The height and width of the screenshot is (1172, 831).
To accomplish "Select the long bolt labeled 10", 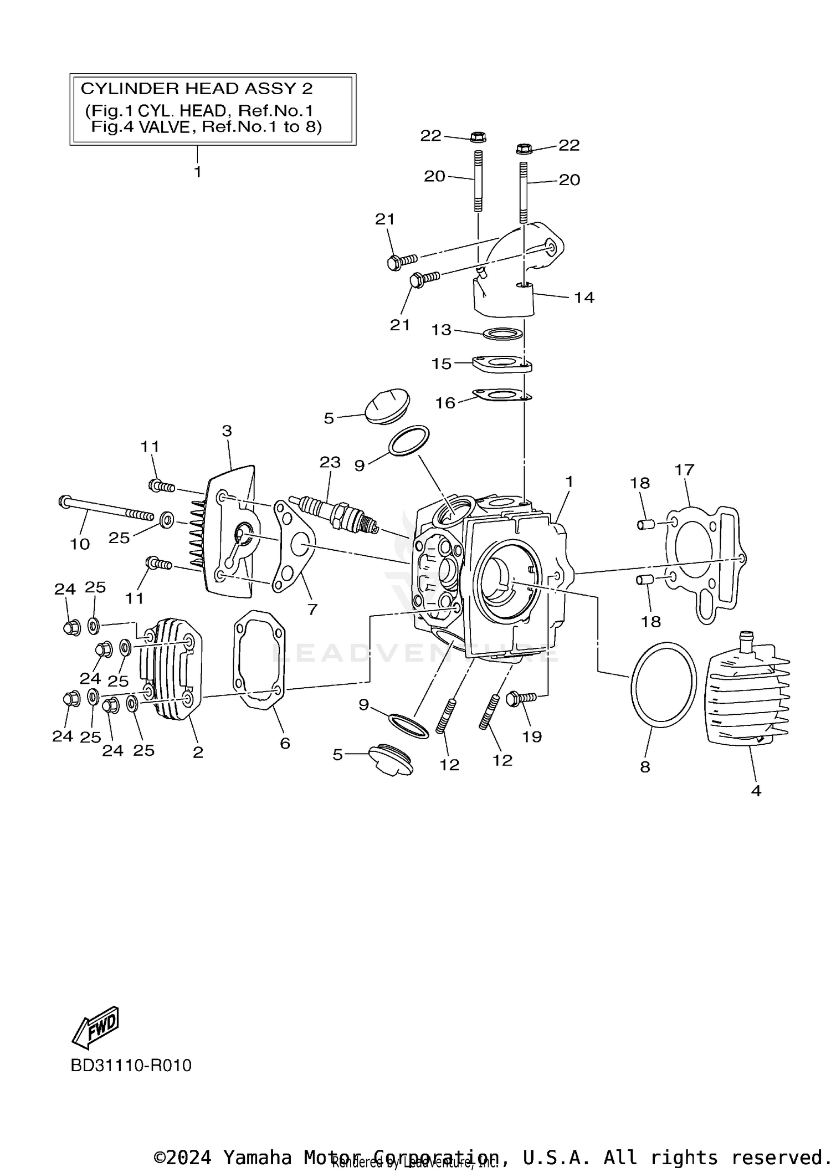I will [x=105, y=508].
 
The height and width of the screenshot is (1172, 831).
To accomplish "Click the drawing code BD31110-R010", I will [x=131, y=1065].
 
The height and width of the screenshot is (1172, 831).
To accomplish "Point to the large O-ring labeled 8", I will [x=664, y=685].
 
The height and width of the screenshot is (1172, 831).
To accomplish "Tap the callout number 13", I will [x=442, y=330].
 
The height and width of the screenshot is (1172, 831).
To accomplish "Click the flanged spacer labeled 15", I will [x=502, y=365].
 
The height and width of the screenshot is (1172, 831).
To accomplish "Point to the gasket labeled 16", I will [x=501, y=395].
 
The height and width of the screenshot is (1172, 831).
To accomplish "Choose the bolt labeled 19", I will [x=521, y=698].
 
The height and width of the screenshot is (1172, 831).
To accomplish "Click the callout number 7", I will [x=312, y=610].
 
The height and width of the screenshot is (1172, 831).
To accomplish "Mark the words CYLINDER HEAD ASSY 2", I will [x=197, y=89].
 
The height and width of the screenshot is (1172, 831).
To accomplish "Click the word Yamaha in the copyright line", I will [x=258, y=1157].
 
